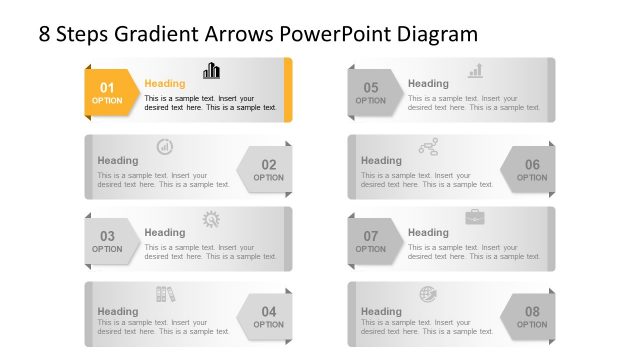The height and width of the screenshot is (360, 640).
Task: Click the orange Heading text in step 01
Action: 165,84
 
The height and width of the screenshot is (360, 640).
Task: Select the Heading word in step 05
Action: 429,84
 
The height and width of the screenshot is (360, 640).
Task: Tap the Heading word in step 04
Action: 118,311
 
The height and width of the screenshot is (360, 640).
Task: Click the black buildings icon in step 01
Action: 212,70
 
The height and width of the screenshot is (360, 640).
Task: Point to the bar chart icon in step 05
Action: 476,70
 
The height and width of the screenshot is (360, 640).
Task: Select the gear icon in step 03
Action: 211,219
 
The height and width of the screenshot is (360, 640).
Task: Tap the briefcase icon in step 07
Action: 475,217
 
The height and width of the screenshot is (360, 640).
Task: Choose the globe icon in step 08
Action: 428,294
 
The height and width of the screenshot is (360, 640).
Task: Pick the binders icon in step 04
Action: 165,293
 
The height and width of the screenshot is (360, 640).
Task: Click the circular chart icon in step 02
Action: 165,146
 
